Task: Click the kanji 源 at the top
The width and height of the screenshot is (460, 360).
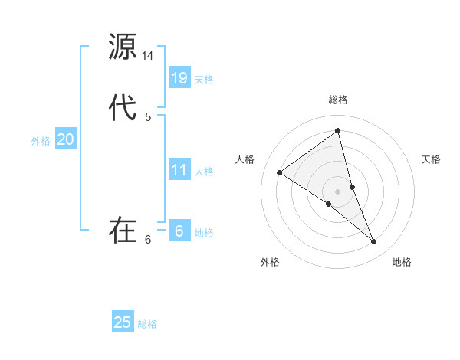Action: click(x=123, y=47)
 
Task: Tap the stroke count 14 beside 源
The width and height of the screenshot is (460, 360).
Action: click(x=148, y=56)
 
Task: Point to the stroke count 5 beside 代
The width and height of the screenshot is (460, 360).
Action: click(x=148, y=116)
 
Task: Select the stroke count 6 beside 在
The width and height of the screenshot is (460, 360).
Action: click(x=148, y=240)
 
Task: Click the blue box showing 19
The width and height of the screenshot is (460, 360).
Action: click(x=179, y=78)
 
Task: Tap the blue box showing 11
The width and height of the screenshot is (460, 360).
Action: click(x=179, y=170)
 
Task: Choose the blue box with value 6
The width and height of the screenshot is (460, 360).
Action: click(x=179, y=231)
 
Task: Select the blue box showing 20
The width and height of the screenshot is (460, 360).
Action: click(x=66, y=139)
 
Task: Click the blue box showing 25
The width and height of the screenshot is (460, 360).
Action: click(x=123, y=322)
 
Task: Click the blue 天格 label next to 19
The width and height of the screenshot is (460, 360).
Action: click(x=204, y=80)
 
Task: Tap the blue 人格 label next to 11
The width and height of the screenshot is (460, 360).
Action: click(x=204, y=172)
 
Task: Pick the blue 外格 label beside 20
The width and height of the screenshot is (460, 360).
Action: click(x=41, y=141)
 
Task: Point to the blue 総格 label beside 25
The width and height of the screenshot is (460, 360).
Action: click(x=147, y=324)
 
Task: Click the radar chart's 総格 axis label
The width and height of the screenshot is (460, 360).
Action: click(x=338, y=100)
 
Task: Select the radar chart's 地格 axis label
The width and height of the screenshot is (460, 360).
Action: click(x=402, y=262)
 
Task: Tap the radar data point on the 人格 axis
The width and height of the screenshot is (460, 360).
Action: click(x=280, y=172)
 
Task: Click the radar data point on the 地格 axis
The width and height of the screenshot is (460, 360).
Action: click(x=374, y=242)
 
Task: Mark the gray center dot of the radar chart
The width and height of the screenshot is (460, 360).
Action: click(x=338, y=191)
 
